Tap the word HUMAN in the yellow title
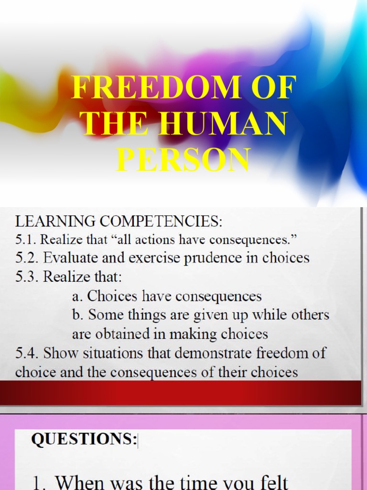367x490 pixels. click(225, 123)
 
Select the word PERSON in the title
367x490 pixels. click(183, 160)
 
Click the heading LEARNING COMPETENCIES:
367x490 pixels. click(119, 222)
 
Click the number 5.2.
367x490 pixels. click(27, 258)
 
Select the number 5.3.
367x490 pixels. click(27, 277)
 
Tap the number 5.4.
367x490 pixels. click(27, 354)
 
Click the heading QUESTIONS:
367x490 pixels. click(84, 440)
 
